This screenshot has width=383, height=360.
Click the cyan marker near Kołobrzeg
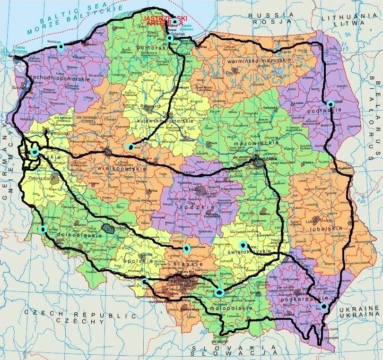tap(60, 46)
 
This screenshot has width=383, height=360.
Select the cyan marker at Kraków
tap(218, 292)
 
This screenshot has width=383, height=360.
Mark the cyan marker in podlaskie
tap(330, 104)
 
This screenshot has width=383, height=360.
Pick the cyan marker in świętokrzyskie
tap(243, 244)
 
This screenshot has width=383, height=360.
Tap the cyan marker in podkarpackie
tap(324, 307)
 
